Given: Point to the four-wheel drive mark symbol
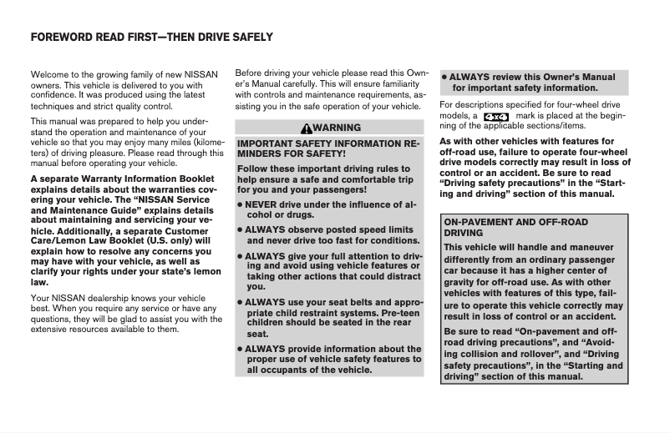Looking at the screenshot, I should [496, 115].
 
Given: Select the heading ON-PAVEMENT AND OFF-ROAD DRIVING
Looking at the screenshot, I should [515, 228].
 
